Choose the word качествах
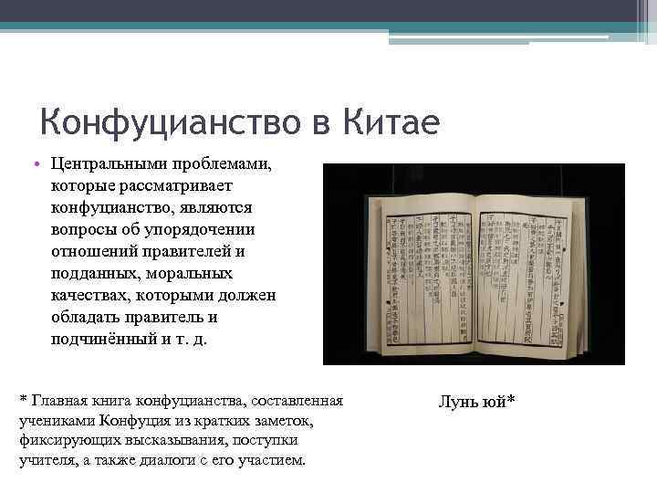point(87,295)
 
